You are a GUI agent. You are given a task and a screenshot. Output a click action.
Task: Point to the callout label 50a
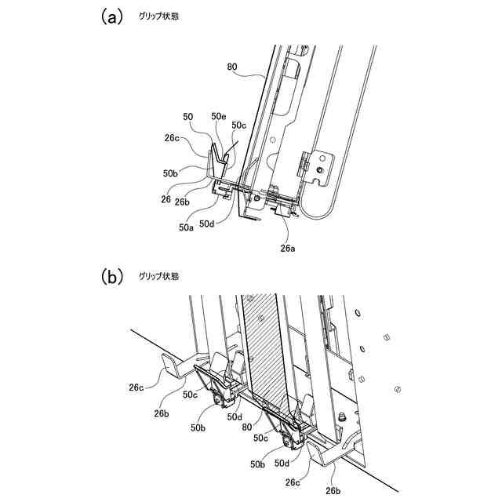click(x=186, y=227)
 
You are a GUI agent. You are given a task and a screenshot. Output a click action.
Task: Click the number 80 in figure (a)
click(x=232, y=67)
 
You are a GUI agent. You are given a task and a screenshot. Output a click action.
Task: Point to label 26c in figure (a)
click(x=173, y=140)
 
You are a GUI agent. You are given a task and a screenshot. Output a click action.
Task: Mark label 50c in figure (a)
click(x=238, y=124)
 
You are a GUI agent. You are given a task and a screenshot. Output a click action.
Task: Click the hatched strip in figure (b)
click(x=261, y=345)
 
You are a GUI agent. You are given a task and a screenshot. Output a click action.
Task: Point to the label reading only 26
click(x=166, y=199)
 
